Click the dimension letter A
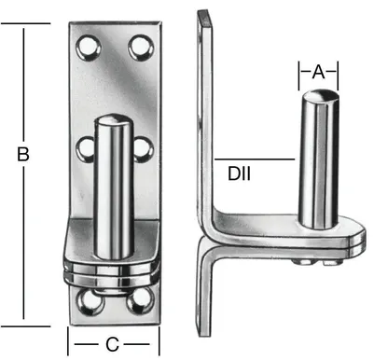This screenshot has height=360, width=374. [317, 71]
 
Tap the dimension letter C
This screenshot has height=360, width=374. [111, 344]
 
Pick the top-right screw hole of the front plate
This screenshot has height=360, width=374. [140, 44]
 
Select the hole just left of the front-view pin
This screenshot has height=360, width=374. [88, 146]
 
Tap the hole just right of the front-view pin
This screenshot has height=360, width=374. [141, 146]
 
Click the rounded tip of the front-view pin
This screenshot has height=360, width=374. [113, 121]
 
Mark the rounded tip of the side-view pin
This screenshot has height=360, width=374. [317, 96]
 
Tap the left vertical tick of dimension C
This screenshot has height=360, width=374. [68, 339]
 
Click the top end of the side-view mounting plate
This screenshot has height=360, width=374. [201, 14]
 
